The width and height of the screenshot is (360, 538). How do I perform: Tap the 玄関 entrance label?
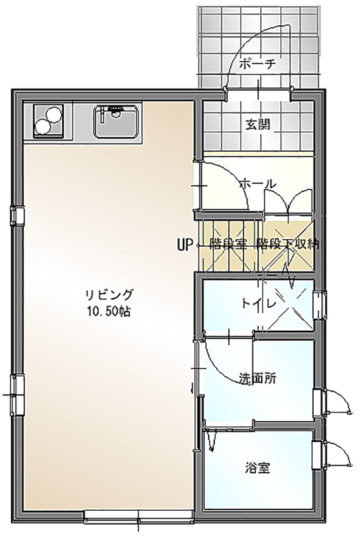(258, 124)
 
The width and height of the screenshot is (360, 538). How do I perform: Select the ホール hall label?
(257, 184)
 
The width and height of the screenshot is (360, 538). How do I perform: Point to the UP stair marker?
(184, 245)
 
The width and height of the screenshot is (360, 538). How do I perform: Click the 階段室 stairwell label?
(228, 244)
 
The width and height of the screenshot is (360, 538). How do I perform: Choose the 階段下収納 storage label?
(287, 244)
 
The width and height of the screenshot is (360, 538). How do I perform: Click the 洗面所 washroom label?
(257, 379)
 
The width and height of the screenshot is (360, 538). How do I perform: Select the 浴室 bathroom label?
(257, 468)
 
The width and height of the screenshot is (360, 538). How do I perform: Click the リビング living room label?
(109, 295)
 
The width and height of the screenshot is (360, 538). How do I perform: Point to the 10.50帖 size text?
(109, 311)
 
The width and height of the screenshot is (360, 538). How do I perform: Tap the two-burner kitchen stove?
(48, 121)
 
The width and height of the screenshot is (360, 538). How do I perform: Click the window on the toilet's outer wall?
(320, 304)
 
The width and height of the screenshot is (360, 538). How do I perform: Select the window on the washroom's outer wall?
(319, 403)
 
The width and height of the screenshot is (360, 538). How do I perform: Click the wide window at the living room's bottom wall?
(138, 516)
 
